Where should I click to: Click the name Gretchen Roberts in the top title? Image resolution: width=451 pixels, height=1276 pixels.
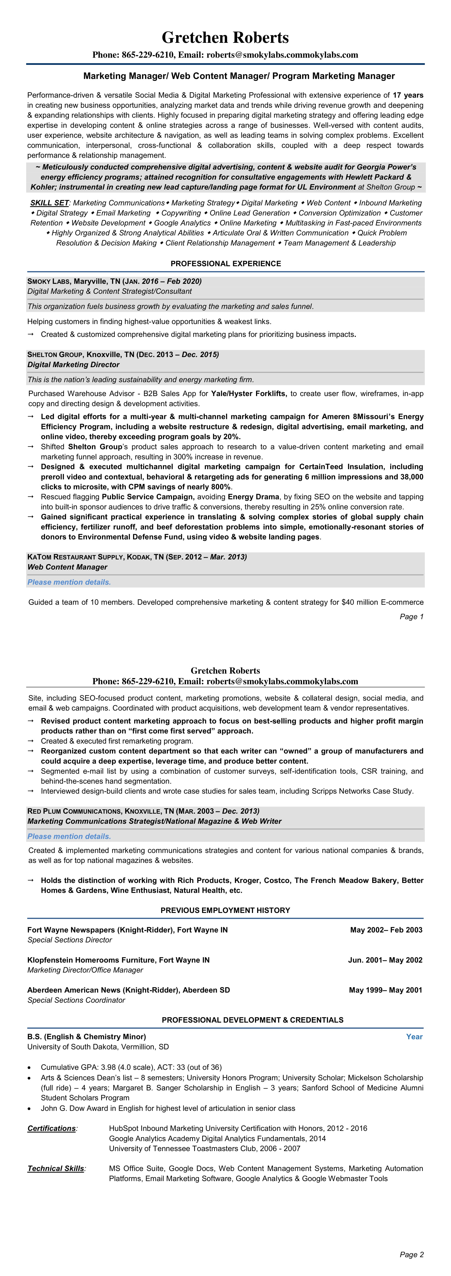pyautogui.click(x=225, y=38)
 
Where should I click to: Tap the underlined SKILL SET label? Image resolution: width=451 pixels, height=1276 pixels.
pyautogui.click(x=49, y=203)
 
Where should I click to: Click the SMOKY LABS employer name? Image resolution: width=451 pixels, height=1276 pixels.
pyautogui.click(x=49, y=281)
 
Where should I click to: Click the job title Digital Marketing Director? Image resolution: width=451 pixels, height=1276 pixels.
pyautogui.click(x=73, y=365)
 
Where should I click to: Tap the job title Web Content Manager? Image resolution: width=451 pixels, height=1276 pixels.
pyautogui.click(x=67, y=567)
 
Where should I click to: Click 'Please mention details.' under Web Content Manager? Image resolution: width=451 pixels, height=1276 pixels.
pyautogui.click(x=69, y=582)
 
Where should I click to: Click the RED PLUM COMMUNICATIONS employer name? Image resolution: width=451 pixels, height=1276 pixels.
pyautogui.click(x=74, y=811)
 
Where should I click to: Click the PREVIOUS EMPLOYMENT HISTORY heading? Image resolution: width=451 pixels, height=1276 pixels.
pyautogui.click(x=225, y=910)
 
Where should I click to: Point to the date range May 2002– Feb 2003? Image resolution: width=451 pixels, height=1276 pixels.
pyautogui.click(x=386, y=930)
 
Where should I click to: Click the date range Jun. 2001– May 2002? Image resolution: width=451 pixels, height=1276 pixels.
pyautogui.click(x=385, y=960)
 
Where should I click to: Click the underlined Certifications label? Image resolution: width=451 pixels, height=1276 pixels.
pyautogui.click(x=52, y=1128)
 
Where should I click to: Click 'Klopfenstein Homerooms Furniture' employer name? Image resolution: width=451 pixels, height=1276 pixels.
pyautogui.click(x=92, y=960)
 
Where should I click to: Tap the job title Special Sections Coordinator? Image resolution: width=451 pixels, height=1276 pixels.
pyautogui.click(x=76, y=1000)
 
